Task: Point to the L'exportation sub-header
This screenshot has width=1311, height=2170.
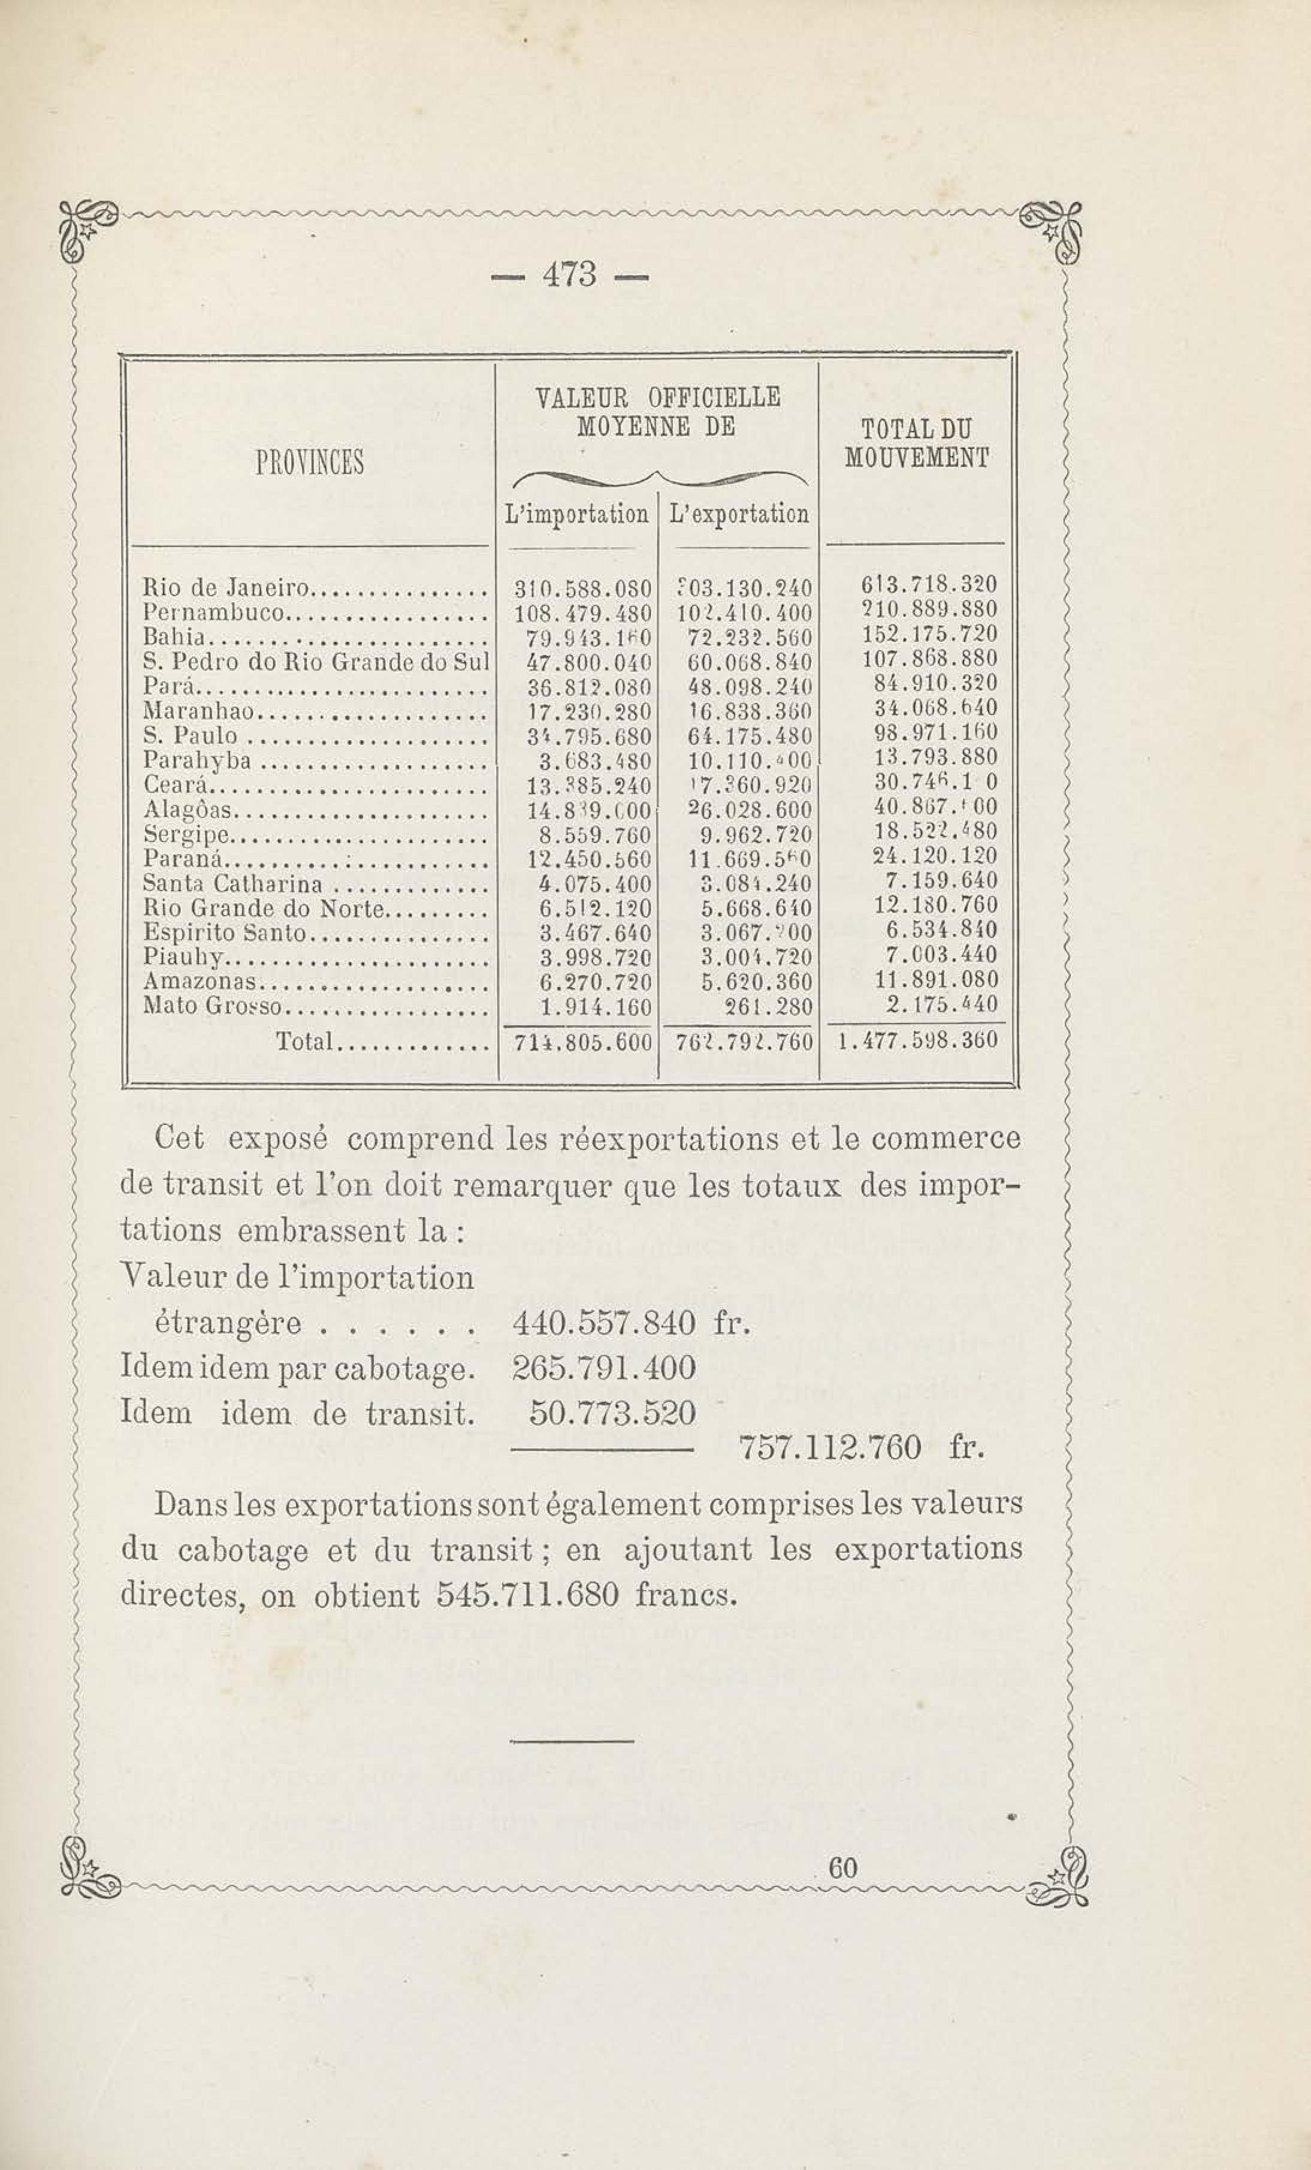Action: point(739,514)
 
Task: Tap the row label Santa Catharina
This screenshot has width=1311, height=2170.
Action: point(233,883)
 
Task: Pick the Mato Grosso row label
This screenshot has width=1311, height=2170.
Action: point(212,1007)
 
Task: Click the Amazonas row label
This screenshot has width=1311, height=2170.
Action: point(200,982)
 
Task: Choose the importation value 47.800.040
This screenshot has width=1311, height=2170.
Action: point(582,662)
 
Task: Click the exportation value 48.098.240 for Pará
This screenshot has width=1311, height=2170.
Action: point(749,686)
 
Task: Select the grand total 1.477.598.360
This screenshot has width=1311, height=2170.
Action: point(919,1042)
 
